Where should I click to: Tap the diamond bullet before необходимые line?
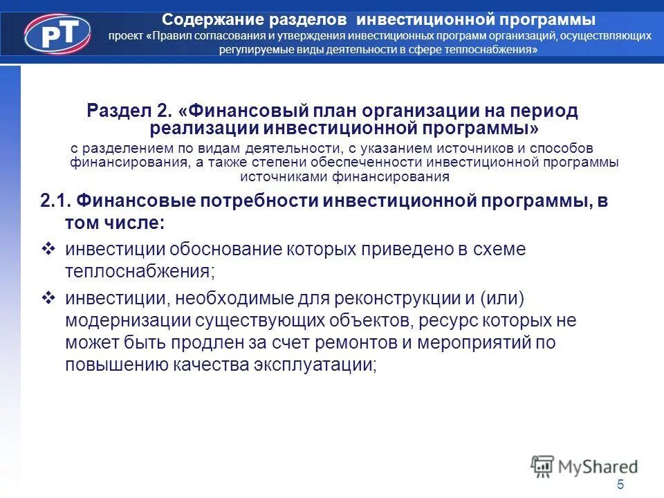(48, 298)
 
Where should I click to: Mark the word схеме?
(500, 250)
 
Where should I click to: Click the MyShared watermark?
(584, 465)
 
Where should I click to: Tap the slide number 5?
(620, 484)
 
